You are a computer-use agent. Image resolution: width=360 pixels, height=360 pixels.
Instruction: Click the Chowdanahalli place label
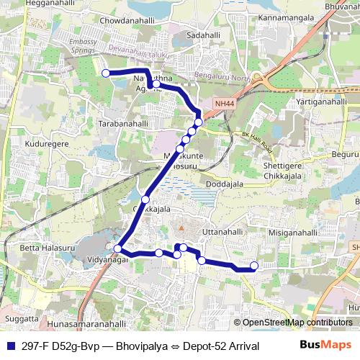tap(134, 23)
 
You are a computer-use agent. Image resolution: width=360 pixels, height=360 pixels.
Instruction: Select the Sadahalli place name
tap(204, 35)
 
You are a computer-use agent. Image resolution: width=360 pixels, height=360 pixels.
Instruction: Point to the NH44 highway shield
tap(224, 104)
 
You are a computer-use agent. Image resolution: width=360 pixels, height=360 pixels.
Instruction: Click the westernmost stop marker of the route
tap(105, 73)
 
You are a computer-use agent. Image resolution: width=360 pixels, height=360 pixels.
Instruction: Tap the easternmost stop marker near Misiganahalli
tap(254, 265)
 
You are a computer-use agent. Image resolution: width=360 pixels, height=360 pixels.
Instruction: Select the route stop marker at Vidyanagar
tap(118, 249)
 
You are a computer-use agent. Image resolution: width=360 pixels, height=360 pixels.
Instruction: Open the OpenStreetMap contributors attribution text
tap(297, 322)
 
